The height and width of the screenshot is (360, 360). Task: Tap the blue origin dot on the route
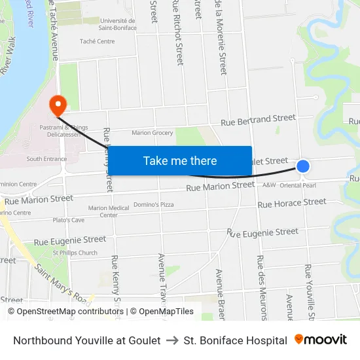(303, 166)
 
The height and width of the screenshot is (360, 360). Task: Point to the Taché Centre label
(96, 41)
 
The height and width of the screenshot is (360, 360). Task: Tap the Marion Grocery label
(153, 133)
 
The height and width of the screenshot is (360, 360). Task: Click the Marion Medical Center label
(109, 211)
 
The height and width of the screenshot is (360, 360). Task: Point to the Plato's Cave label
(69, 220)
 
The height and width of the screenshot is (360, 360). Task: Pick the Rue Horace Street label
(291, 203)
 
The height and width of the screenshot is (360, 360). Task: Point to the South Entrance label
(46, 159)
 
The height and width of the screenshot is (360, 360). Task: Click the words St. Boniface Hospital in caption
(235, 340)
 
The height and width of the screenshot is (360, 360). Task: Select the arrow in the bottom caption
(172, 340)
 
